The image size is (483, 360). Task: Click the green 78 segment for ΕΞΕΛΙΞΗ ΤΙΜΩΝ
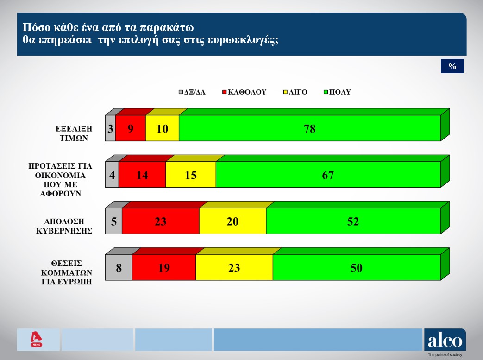coord(309,128)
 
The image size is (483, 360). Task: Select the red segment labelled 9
coord(130,128)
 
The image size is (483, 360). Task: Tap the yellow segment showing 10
coord(162,128)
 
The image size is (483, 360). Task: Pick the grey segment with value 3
coord(111,128)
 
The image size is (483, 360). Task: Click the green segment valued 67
coord(328,175)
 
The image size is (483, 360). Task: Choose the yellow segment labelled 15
coord(190,175)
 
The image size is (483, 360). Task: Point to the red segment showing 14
coord(142,175)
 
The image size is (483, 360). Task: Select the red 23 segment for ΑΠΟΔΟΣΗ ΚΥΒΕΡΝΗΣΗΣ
coord(160,221)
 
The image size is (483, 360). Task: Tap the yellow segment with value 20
coord(232,221)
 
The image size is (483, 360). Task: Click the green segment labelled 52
coord(353,221)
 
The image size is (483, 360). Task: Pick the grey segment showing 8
coord(119,267)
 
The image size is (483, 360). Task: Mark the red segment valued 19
coord(163,267)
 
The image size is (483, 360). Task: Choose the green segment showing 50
coord(356,267)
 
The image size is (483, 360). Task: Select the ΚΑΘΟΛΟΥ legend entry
coord(245,92)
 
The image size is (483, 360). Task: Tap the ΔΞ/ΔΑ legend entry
coord(192,92)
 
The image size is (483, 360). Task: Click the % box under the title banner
coord(452,67)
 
